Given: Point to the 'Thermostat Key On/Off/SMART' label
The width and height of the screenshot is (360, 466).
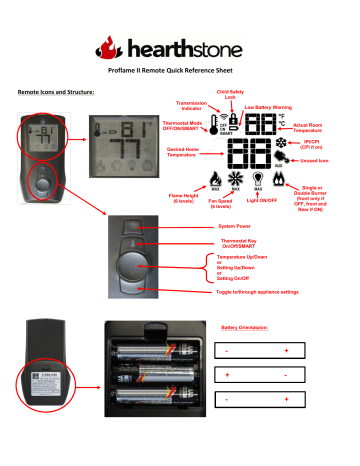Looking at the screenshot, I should click(245, 245).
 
